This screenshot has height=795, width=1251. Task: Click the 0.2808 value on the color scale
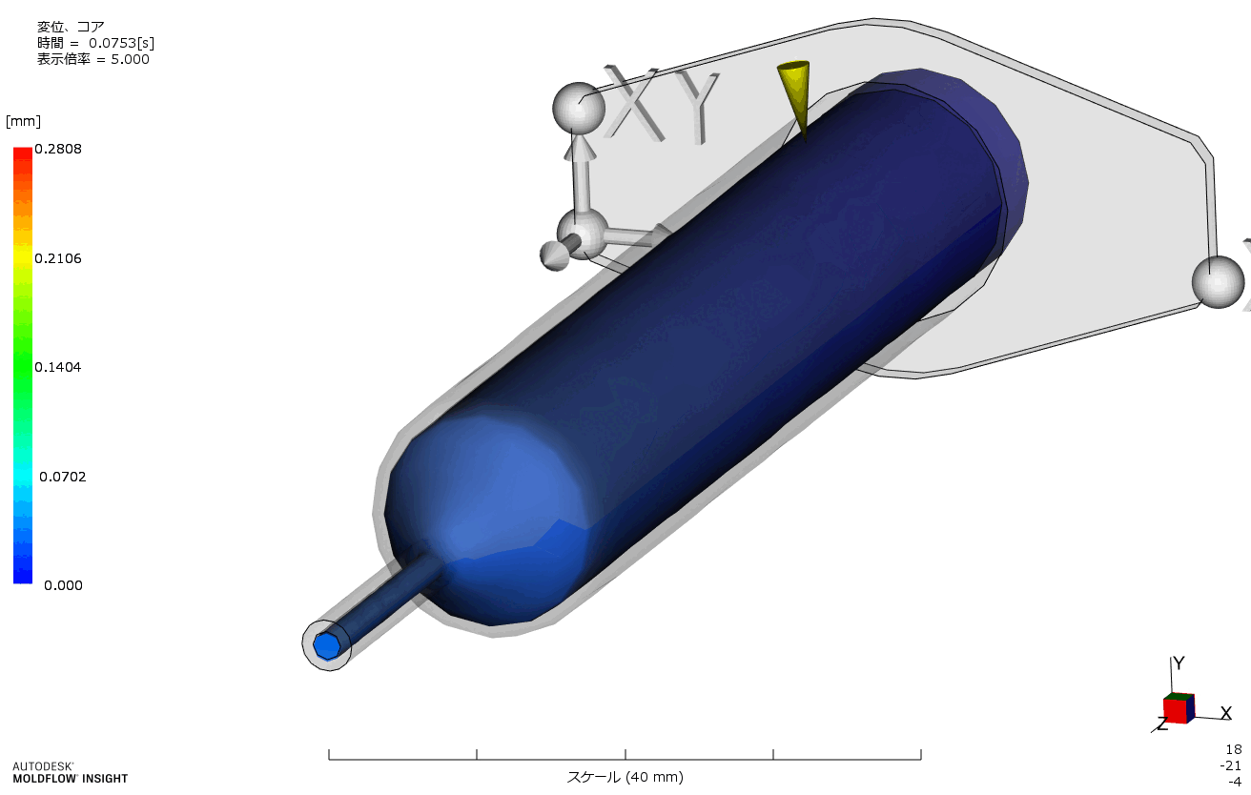[x=58, y=149]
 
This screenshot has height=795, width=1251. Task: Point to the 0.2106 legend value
[x=58, y=258]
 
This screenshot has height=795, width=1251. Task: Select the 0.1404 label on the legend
[x=58, y=367]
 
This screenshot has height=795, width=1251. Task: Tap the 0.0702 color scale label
[x=63, y=477]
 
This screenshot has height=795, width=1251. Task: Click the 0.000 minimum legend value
[x=63, y=585]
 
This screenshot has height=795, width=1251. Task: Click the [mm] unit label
[x=23, y=121]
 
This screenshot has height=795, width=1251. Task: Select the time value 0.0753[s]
[x=121, y=43]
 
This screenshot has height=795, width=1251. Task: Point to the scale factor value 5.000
[x=130, y=60]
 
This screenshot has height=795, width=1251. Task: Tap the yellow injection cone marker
[x=794, y=95]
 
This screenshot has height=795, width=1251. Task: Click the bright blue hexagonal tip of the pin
[x=327, y=646]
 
